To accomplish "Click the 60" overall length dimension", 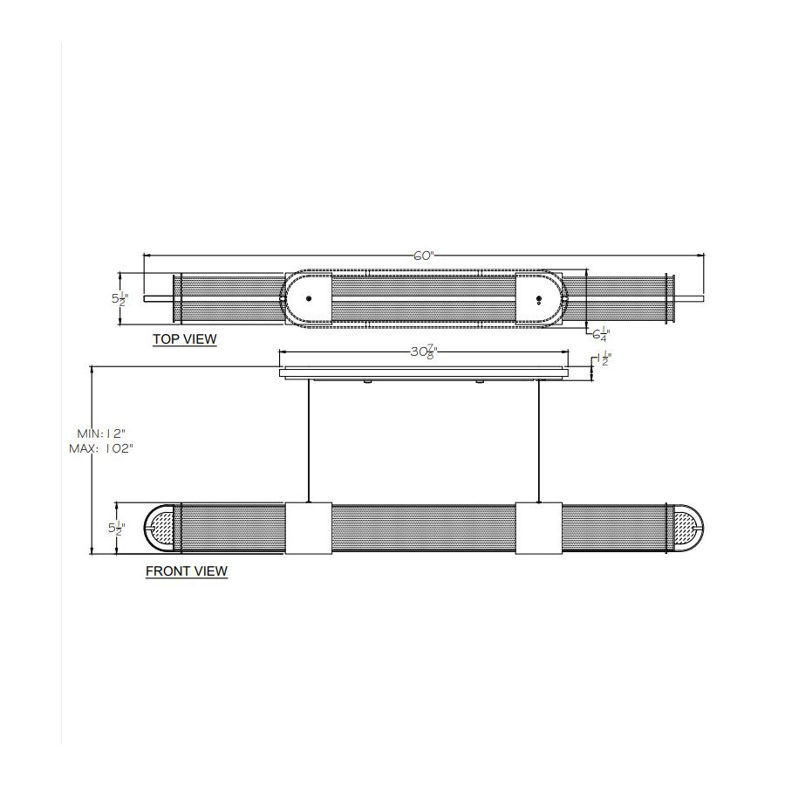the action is click(x=424, y=256).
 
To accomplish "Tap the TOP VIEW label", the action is click(x=185, y=339).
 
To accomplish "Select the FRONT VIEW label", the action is click(x=187, y=571).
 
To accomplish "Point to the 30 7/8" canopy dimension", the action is click(x=424, y=352).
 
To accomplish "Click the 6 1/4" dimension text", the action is click(x=601, y=334).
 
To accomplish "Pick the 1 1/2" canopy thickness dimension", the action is click(x=604, y=359).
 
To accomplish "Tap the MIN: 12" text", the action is click(x=101, y=433).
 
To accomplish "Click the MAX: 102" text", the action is click(x=101, y=448).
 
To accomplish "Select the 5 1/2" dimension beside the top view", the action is click(x=120, y=299).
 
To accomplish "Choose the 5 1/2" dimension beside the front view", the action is click(x=117, y=529).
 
